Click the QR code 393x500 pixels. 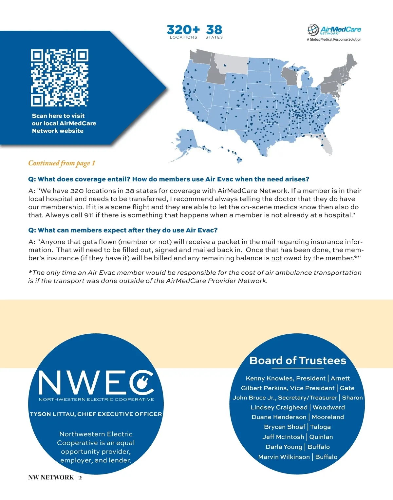60,78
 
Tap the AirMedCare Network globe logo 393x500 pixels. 313,30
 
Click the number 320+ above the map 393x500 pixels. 183,30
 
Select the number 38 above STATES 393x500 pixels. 214,30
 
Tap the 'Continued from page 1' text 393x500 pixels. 62,163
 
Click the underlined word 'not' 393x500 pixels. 276,258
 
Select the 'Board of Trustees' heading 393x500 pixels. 298,361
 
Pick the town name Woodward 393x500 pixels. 328,407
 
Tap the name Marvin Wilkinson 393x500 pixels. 284,457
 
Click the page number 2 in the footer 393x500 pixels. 80,477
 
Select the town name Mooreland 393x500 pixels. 327,417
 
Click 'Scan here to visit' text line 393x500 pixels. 58,116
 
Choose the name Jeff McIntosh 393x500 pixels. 283,437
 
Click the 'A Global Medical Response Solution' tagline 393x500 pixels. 334,39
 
